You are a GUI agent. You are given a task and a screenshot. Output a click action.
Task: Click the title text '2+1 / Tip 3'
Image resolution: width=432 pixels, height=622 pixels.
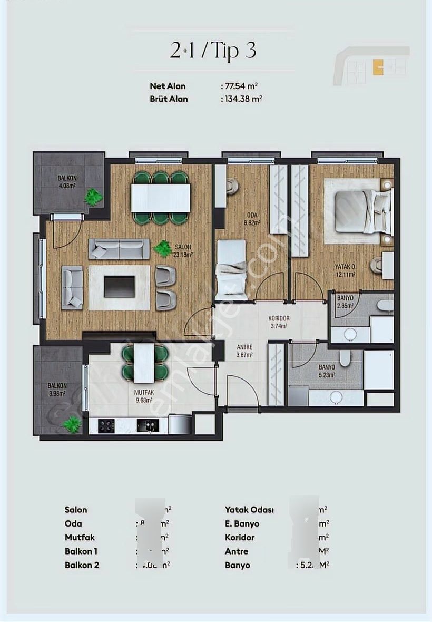pyautogui.click(x=213, y=51)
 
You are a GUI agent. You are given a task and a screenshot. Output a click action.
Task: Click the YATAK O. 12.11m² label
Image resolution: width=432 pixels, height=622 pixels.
pyautogui.click(x=346, y=270)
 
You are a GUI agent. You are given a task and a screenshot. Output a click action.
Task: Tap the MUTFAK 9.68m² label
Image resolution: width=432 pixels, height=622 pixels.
pyautogui.click(x=144, y=395)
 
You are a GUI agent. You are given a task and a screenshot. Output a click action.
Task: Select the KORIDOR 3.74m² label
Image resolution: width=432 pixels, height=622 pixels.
pyautogui.click(x=278, y=322)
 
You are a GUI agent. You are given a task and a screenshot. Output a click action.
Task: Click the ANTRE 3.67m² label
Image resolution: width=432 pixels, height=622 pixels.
pyautogui.click(x=244, y=351)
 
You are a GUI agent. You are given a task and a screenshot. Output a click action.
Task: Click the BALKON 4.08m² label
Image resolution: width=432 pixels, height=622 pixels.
pyautogui.click(x=67, y=182)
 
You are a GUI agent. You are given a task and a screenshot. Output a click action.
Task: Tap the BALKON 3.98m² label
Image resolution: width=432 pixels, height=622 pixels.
pyautogui.click(x=56, y=389)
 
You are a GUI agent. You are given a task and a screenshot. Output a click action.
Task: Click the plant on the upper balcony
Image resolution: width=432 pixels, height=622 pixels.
pyautogui.click(x=94, y=197)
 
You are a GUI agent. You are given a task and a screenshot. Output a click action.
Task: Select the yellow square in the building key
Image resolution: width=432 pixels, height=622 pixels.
pyautogui.click(x=378, y=67)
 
